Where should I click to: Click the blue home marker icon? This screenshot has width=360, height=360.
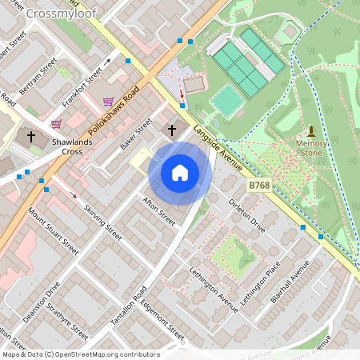click(x=180, y=173)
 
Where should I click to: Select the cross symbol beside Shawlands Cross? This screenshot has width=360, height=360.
click(x=31, y=137)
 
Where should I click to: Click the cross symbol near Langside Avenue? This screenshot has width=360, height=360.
click(x=171, y=130)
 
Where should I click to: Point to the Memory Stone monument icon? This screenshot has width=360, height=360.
click(x=311, y=130)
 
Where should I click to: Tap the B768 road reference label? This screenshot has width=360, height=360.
click(x=258, y=185)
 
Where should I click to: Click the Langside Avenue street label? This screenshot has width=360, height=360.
click(x=218, y=145)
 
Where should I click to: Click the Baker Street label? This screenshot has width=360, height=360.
click(x=135, y=134)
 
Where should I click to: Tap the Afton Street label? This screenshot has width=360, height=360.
click(x=158, y=210)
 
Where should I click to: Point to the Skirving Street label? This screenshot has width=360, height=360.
click(x=102, y=222)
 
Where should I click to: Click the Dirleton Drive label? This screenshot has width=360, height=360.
click(x=247, y=215)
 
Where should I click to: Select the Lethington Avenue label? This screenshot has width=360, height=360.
click(x=214, y=286)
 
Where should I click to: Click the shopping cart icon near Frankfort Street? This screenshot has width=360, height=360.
click(x=108, y=102)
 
